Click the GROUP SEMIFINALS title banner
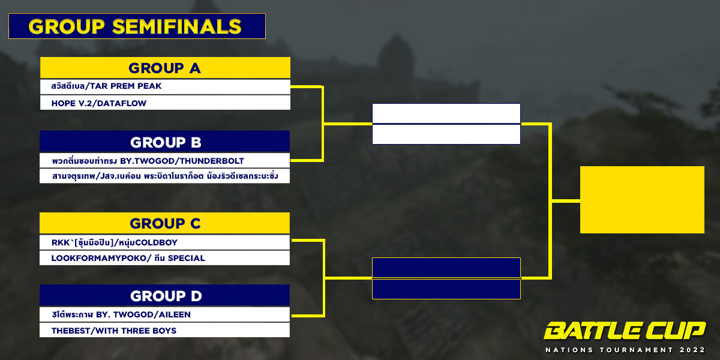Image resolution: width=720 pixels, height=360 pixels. click(x=137, y=26)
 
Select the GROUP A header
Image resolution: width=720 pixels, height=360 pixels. click(x=165, y=67)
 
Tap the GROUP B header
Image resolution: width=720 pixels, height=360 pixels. click(x=164, y=141)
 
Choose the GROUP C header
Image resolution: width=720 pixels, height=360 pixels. click(x=164, y=223)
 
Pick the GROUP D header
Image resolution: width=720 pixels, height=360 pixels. click(x=164, y=295)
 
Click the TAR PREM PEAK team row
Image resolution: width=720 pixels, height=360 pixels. click(x=165, y=86)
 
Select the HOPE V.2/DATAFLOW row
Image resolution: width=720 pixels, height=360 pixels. click(x=165, y=103)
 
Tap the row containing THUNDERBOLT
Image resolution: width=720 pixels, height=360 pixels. click(x=164, y=160)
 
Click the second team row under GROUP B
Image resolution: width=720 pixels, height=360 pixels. click(x=164, y=176)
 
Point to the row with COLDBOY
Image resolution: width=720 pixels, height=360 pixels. click(x=164, y=242)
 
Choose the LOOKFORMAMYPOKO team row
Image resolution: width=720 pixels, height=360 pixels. click(x=164, y=258)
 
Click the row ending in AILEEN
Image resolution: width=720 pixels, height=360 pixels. click(x=164, y=314)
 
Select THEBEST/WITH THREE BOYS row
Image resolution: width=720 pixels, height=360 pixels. click(x=164, y=330)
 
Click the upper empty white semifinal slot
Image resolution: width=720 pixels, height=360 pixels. click(x=446, y=113)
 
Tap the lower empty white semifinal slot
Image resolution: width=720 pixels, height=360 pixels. click(x=446, y=134)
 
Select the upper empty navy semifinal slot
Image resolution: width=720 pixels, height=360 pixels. click(x=446, y=268)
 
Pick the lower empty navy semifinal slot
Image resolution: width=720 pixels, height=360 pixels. click(x=446, y=289)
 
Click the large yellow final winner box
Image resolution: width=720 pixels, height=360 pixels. click(x=642, y=200)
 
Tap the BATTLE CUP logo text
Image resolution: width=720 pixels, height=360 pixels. click(x=624, y=331)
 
